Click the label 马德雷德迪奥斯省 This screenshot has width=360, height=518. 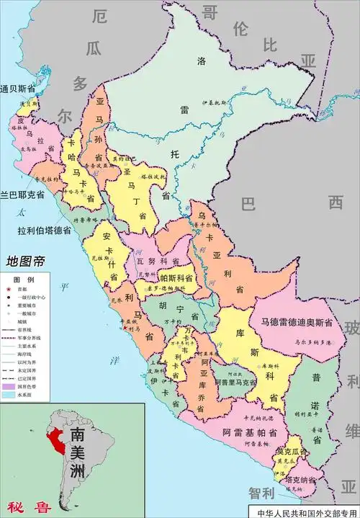click(297, 322)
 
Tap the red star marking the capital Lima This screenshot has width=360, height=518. click(127, 329)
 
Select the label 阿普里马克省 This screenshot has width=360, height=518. click(234, 384)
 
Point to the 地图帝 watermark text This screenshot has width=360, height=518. click(25, 261)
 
